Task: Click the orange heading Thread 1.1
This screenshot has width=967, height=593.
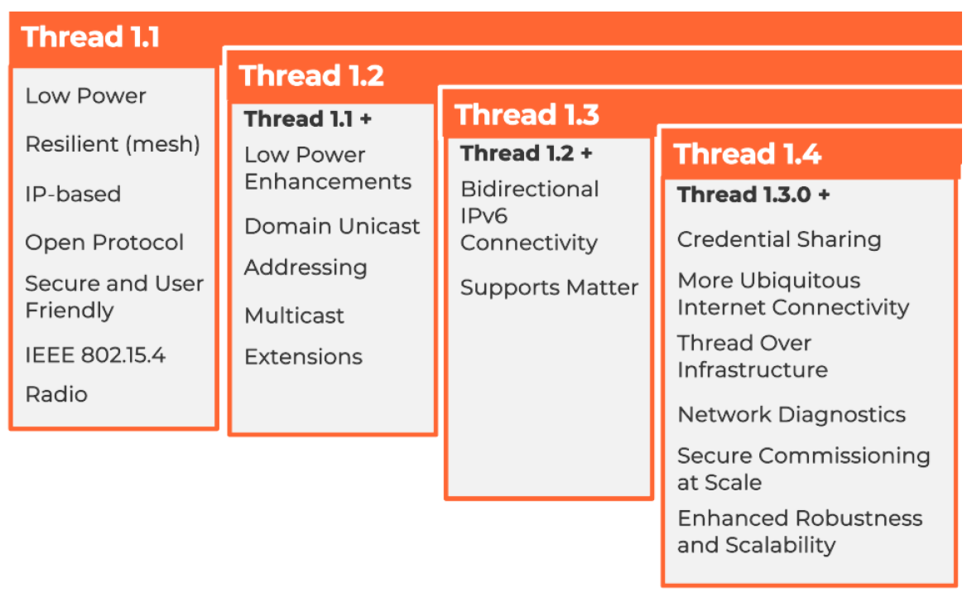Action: (90, 37)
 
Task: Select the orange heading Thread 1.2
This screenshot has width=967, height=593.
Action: (311, 76)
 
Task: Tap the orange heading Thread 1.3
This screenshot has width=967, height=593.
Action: (527, 115)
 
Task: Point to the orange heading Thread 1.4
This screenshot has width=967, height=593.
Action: (747, 154)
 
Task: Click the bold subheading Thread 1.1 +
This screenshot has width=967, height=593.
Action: (308, 119)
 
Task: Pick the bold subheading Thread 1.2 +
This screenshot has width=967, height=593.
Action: (527, 153)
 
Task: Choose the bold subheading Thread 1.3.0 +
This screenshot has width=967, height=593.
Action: (753, 195)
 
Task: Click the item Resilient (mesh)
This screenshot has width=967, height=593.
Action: (113, 145)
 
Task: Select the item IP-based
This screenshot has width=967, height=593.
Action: (73, 194)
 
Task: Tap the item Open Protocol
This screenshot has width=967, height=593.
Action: (104, 243)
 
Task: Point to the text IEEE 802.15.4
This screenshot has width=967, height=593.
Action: (95, 356)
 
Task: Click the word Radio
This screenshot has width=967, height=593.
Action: (56, 394)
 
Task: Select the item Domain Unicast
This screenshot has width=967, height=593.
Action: (332, 226)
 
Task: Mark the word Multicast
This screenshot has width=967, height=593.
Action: (294, 316)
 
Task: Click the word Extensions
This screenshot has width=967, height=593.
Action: (303, 357)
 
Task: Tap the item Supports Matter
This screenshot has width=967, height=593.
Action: (549, 288)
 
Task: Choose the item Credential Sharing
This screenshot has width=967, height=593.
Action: (779, 239)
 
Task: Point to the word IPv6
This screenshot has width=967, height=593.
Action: (483, 216)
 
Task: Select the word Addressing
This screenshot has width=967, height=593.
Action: (305, 268)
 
